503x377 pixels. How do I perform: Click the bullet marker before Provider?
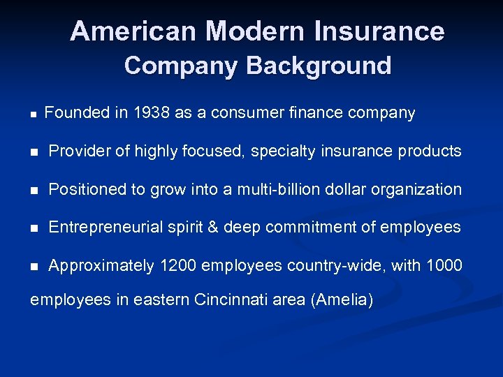click(34, 151)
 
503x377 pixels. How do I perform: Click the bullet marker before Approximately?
click(34, 266)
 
